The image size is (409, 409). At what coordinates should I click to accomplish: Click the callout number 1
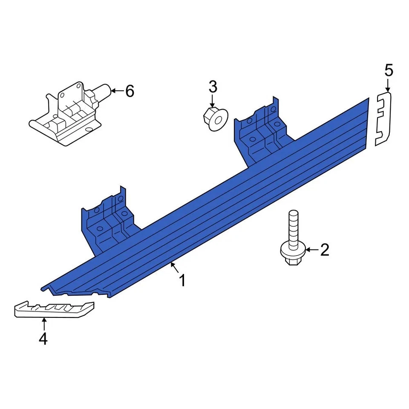tap(182, 281)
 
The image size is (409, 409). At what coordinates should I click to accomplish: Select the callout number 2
tap(325, 250)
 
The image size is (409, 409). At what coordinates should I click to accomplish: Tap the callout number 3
tap(213, 87)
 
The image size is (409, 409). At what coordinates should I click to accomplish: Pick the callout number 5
tap(389, 70)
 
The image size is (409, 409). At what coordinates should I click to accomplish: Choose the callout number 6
tap(130, 91)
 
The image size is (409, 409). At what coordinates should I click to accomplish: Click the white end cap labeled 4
tap(53, 308)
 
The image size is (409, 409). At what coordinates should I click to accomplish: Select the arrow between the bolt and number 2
tap(311, 250)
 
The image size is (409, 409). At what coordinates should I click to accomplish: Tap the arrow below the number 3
tap(212, 102)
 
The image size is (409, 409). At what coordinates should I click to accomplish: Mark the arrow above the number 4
tap(44, 323)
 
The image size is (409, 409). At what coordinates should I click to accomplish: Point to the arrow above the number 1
tap(174, 268)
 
